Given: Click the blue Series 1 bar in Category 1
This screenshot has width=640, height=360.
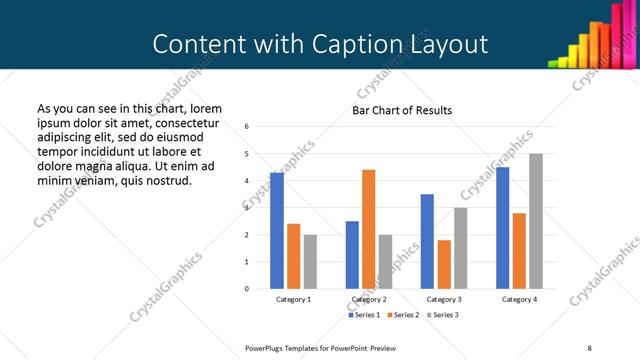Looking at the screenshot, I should (277, 231).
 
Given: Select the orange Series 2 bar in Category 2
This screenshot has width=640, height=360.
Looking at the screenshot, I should (368, 229).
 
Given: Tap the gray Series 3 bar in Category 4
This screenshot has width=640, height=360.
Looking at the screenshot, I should (536, 221).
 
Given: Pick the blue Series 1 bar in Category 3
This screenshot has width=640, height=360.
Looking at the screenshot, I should (427, 241).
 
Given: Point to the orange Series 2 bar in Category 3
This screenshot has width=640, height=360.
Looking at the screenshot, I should (444, 264).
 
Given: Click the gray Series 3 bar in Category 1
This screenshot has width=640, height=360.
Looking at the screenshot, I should (310, 262).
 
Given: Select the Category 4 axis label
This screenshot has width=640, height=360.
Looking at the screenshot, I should (519, 300).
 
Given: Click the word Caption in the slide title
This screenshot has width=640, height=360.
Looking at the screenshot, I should (358, 45).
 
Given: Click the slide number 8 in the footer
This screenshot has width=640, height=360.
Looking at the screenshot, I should (588, 346).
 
